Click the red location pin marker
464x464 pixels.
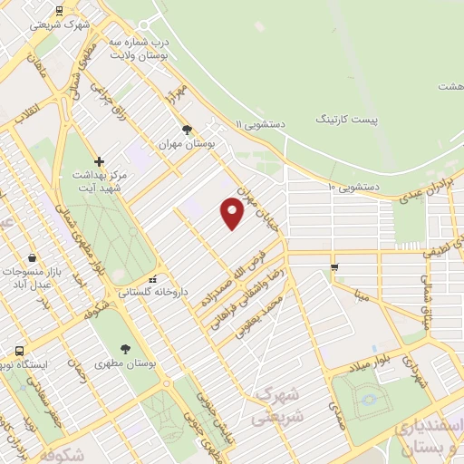click(232, 213)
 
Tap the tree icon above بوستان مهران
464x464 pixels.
click(188, 130)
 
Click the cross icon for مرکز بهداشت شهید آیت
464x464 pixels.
click(99, 161)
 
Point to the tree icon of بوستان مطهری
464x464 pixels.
click(125, 349)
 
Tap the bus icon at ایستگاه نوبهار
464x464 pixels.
click(19, 351)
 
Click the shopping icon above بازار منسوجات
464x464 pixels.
click(33, 257)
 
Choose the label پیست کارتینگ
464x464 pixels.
click(347, 120)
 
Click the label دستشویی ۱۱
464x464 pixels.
click(261, 123)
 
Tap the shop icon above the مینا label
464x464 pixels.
click(334, 266)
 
